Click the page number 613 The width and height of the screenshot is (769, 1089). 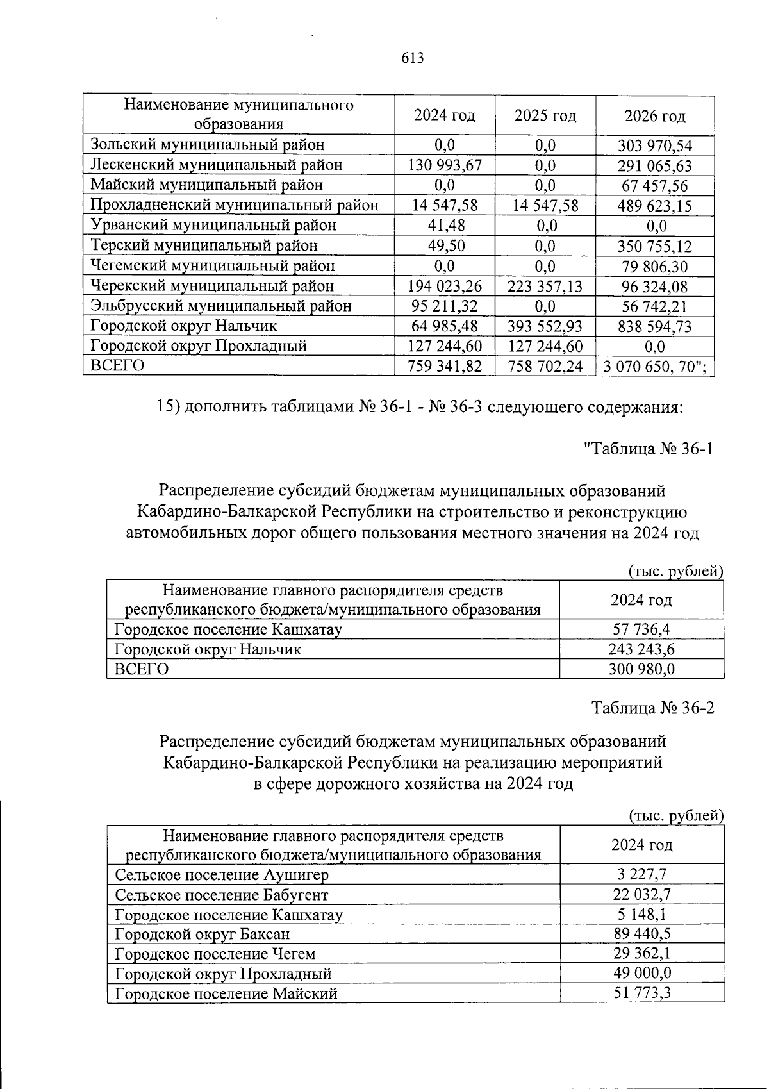[413, 58]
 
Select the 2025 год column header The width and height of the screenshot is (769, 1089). [545, 115]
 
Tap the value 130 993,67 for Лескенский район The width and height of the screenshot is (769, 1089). [445, 165]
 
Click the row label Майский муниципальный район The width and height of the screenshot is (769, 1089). [206, 185]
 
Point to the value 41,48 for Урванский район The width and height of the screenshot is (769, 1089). [445, 226]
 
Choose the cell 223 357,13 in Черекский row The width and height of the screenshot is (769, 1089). [545, 286]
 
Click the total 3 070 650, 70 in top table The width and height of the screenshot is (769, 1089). [655, 367]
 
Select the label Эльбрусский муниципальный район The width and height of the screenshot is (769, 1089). [220, 306]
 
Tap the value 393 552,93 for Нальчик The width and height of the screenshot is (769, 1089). [545, 326]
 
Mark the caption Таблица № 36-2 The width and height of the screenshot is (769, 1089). [652, 708]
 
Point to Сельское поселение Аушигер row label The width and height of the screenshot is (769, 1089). [221, 875]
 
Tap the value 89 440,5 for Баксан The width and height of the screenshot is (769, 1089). [641, 934]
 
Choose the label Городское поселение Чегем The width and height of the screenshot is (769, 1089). [215, 954]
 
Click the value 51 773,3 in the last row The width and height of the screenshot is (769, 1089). [641, 993]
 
